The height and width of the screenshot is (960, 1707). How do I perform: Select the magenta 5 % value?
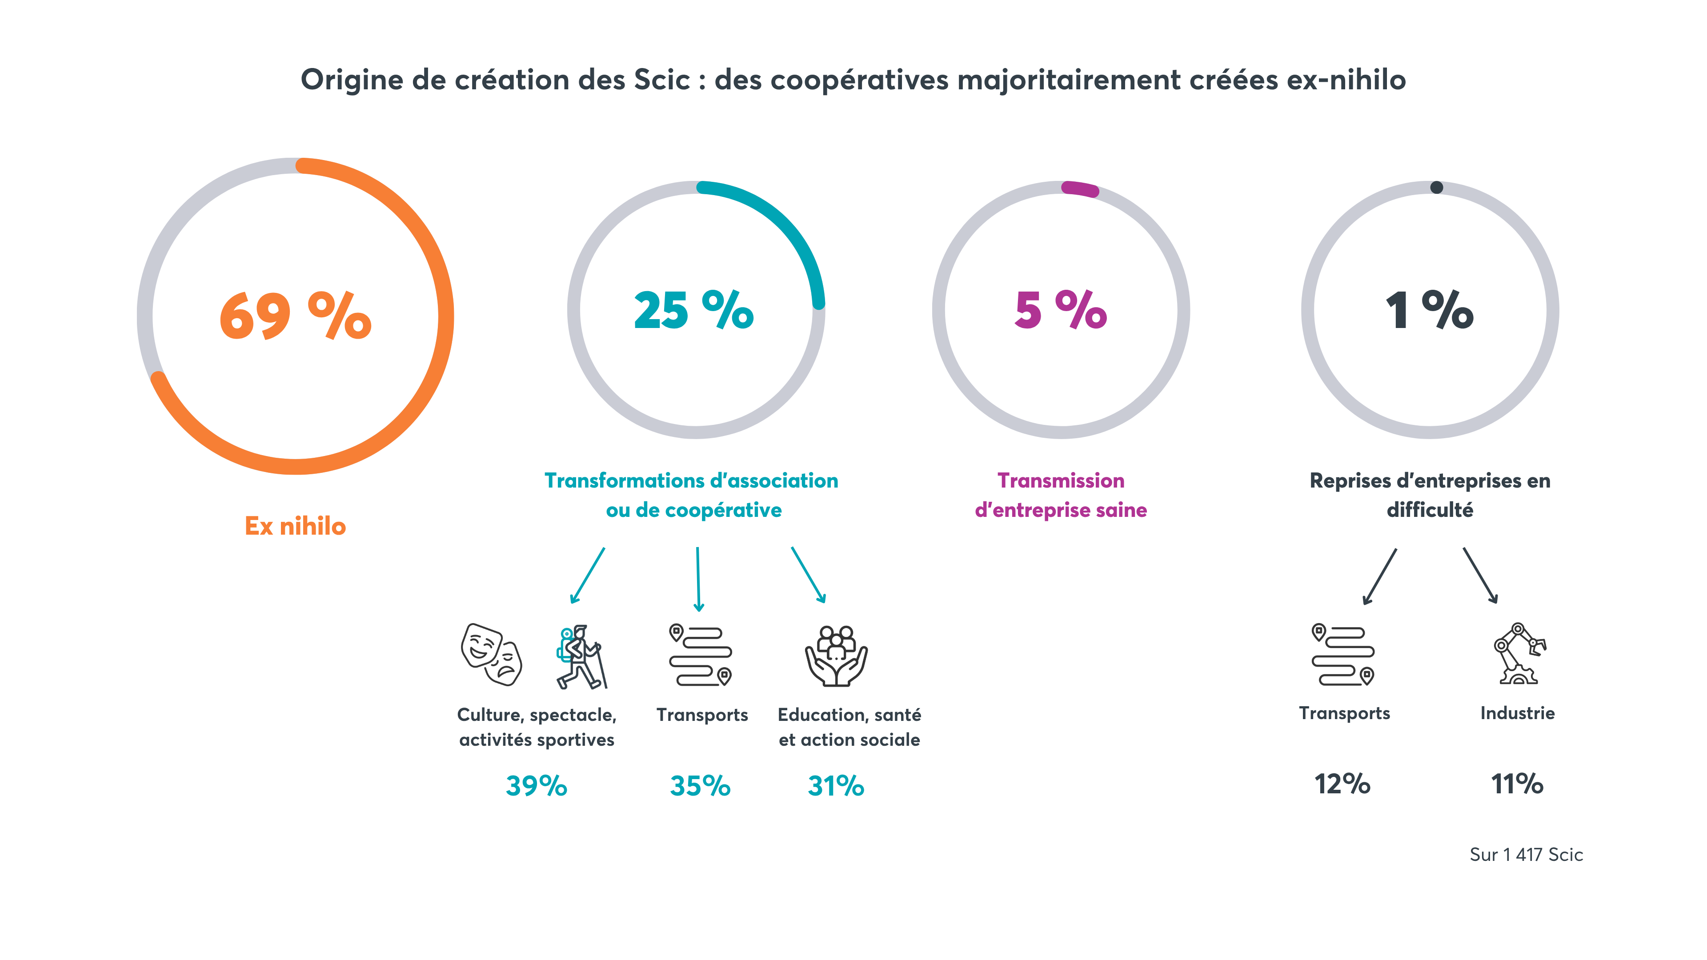1060,310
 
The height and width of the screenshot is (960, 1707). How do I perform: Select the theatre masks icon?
491,655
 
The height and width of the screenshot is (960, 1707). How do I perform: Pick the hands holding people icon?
836,656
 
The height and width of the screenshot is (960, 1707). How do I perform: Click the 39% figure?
536,786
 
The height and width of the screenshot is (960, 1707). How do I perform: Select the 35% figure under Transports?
700,786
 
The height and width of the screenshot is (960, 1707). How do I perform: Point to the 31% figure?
836,786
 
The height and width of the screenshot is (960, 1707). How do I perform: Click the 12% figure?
1342,784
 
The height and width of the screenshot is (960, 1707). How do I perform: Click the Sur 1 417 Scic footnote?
1526,855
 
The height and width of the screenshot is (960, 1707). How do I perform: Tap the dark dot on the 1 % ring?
1436,188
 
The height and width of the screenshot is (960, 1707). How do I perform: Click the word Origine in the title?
352,80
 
